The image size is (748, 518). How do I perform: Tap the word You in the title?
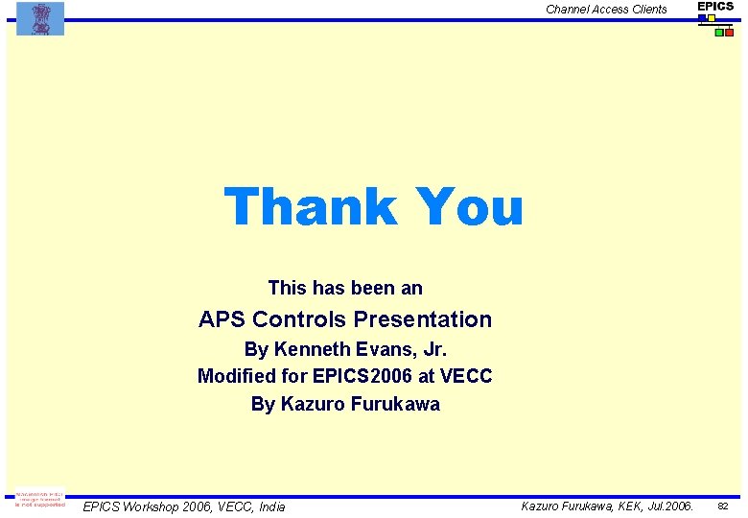coord(470,207)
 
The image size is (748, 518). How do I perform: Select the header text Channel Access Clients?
coord(606,10)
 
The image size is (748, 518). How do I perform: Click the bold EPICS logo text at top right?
coord(715,7)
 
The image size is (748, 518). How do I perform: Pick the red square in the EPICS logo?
coord(729,32)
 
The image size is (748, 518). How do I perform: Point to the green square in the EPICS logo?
coord(718,32)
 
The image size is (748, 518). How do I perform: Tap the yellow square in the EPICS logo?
coord(711,18)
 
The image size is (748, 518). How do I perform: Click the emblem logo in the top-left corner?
coord(40,18)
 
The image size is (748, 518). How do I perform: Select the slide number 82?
coord(723,506)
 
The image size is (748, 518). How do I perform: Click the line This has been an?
coord(345,288)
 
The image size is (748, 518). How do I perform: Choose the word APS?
coord(222,319)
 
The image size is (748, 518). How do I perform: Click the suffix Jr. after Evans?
coord(432,348)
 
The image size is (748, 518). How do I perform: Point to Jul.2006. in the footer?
coord(667,506)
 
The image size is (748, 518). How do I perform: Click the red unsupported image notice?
coord(39,501)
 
